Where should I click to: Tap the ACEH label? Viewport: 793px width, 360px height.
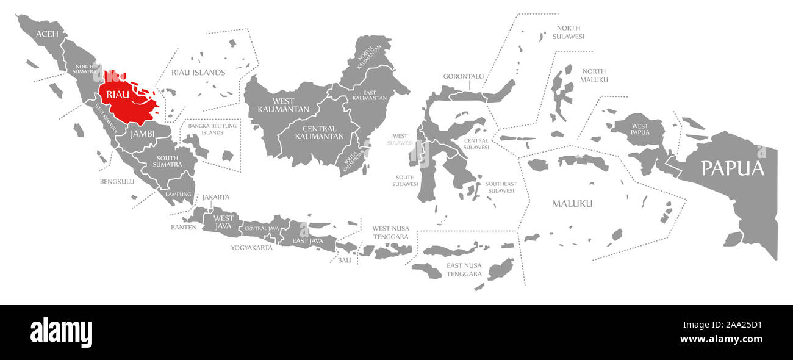(x=48, y=34)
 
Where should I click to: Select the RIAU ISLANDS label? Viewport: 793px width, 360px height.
(x=199, y=73)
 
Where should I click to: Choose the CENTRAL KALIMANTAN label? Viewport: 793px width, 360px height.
(x=319, y=132)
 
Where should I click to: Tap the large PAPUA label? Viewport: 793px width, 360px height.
(x=732, y=168)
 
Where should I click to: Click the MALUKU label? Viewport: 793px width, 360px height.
(x=572, y=203)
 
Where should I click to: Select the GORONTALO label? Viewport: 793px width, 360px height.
(x=464, y=77)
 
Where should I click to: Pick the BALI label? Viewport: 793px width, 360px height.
(x=345, y=260)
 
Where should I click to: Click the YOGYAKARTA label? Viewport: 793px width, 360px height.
(x=251, y=248)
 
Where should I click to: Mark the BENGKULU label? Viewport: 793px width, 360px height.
(x=117, y=181)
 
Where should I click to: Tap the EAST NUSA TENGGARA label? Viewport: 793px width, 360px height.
(x=464, y=270)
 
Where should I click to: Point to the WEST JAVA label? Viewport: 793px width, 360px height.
(x=223, y=222)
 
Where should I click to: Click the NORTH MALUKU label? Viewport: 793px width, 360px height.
(x=594, y=76)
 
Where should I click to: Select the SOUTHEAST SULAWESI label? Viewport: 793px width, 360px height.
(x=501, y=187)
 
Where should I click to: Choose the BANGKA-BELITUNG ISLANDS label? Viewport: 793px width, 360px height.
(x=213, y=129)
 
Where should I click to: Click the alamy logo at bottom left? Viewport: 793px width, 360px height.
(x=61, y=333)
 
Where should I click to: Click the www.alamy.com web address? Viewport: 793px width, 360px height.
(x=721, y=340)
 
